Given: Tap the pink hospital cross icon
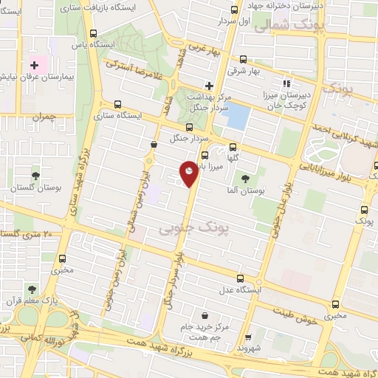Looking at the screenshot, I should pyautogui.click(x=34, y=65).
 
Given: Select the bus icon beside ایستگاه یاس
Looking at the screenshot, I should pyautogui.click(x=93, y=34).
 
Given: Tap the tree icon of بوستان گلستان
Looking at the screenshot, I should pyautogui.click(x=35, y=176).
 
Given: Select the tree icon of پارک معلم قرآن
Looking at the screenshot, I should pyautogui.click(x=31, y=289).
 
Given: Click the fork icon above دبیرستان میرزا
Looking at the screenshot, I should pyautogui.click(x=286, y=83).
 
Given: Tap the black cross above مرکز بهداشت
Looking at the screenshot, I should pyautogui.click(x=210, y=86).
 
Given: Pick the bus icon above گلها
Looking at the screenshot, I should pyautogui.click(x=234, y=146).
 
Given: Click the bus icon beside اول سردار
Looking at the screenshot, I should pyautogui.click(x=235, y=10).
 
